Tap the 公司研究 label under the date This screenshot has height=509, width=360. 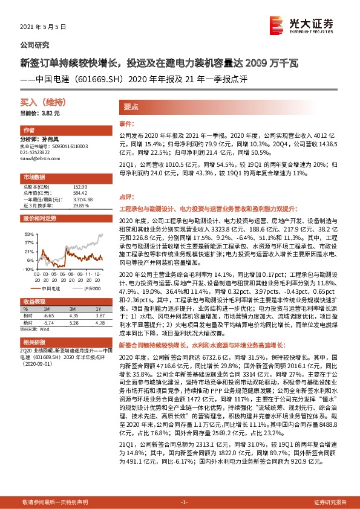pos(35,45)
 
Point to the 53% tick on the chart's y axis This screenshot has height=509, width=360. pos(28,233)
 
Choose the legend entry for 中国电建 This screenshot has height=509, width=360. pos(48,288)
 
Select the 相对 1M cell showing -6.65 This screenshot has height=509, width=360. pos(49,316)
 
